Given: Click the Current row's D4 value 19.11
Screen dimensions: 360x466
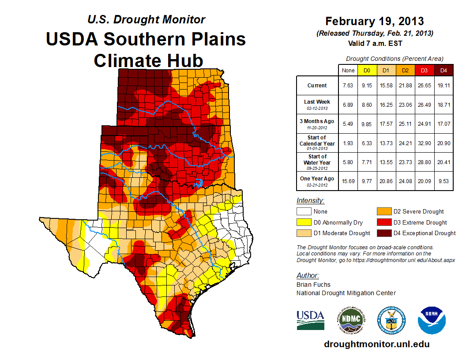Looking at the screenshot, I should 443,86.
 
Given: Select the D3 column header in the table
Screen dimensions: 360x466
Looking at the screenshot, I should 424,70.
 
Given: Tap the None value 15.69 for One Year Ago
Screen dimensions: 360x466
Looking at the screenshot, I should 348,181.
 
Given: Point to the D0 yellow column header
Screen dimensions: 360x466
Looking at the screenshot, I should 367,70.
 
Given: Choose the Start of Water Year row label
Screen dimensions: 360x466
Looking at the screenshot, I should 317,160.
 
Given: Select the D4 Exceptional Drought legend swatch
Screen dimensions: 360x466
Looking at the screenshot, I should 383,233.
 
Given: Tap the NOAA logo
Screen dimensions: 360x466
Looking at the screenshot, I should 432,320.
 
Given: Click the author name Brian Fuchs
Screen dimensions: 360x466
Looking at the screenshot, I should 313,285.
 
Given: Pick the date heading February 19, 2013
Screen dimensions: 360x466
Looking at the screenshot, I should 374,21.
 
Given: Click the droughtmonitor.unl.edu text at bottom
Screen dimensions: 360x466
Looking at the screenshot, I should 376,344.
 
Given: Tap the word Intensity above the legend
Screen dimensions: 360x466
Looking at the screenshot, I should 310,201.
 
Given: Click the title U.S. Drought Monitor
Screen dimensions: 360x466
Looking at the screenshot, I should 147,19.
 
